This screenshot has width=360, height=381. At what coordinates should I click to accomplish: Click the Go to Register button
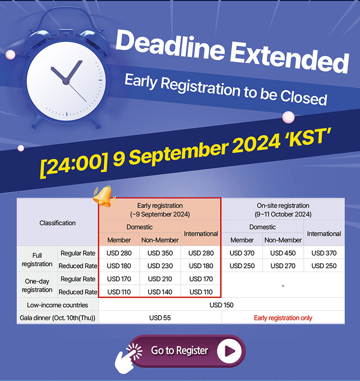(x=187, y=351)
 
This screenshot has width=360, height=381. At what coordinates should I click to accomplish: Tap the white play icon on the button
(x=229, y=351)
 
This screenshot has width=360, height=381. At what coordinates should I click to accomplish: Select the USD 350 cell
(x=160, y=253)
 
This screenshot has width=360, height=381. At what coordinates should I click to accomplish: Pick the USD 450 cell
(x=283, y=253)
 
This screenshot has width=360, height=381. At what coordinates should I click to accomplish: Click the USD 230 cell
(x=160, y=266)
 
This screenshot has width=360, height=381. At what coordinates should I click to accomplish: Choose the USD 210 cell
(x=160, y=279)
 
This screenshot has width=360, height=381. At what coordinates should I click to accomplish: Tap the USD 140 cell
(x=160, y=292)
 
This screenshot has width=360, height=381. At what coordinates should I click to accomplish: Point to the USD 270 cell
(x=283, y=266)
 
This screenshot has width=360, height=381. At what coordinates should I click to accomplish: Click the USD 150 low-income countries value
(x=221, y=305)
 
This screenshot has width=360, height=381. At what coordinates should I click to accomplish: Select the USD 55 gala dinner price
(x=160, y=318)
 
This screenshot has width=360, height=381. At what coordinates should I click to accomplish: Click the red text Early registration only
(x=283, y=318)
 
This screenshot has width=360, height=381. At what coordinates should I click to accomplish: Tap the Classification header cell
(x=58, y=223)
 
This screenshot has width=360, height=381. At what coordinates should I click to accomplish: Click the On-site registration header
(x=283, y=210)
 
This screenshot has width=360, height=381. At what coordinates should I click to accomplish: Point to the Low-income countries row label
(x=58, y=305)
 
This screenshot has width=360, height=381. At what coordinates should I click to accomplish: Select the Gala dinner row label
(x=58, y=318)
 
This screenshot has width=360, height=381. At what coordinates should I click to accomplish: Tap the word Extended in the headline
(x=289, y=58)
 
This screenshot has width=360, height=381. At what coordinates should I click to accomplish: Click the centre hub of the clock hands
(x=66, y=82)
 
